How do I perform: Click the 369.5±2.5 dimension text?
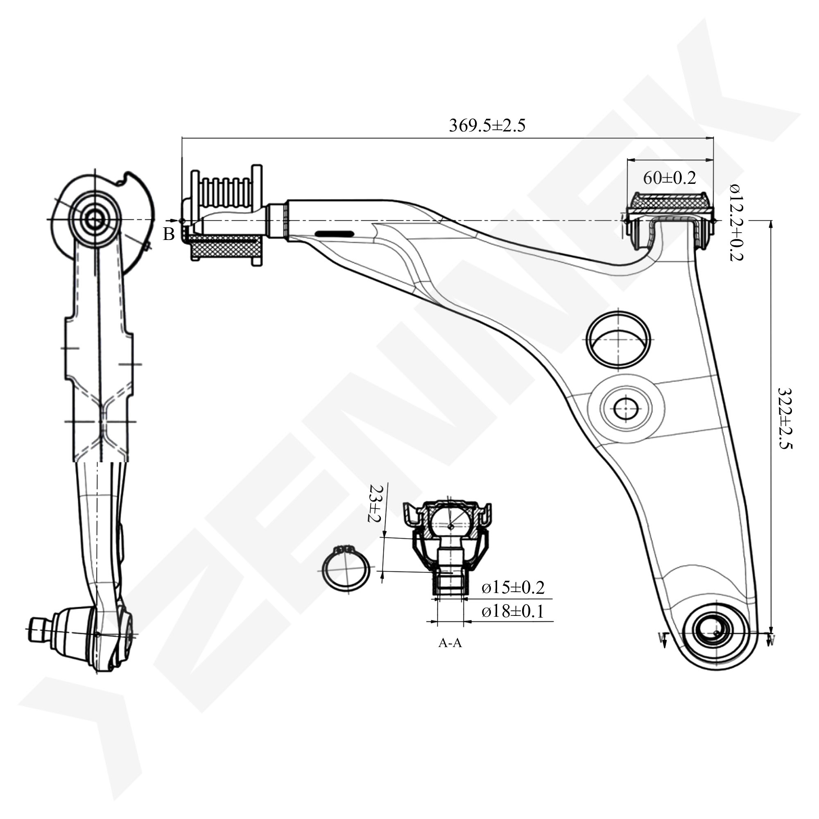487,125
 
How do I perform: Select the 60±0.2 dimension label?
670,178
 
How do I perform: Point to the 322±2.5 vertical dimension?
785,418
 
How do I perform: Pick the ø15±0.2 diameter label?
513,588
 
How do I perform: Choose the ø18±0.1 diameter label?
513,611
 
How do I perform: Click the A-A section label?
450,643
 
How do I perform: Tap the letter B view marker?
169,234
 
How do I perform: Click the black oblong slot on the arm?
334,233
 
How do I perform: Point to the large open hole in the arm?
618,339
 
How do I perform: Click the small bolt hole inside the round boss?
626,409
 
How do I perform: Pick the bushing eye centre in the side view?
94,219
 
